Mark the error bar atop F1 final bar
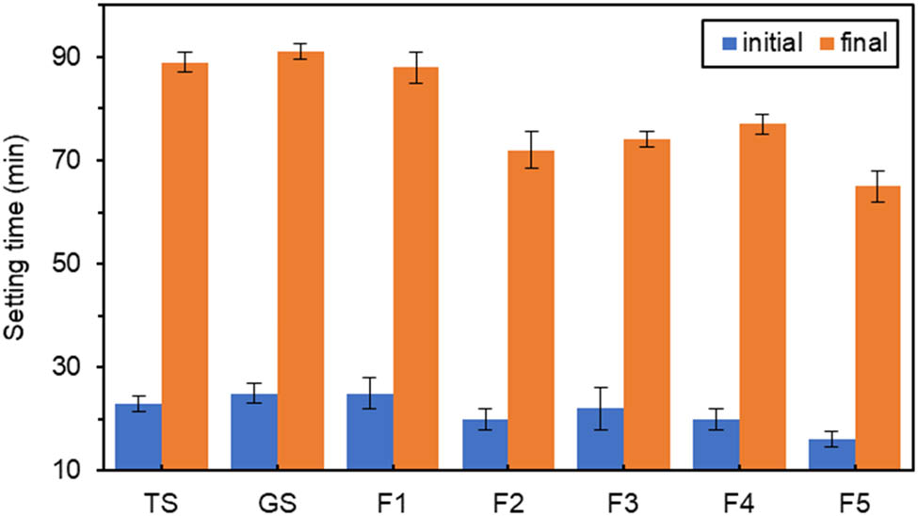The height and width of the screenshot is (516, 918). point(415,68)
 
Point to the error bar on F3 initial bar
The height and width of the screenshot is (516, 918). point(600,409)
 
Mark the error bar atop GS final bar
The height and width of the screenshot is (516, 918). point(299,52)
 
